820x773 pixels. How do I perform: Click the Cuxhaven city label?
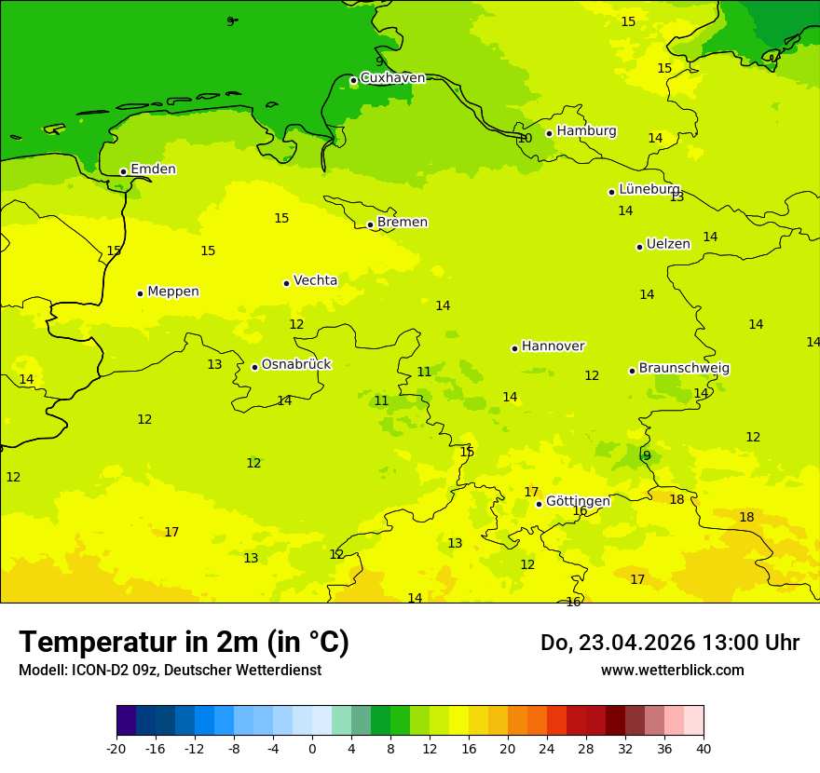[x=392, y=78]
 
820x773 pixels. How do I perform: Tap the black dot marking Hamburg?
[x=550, y=133]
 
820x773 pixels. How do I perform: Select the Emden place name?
[x=153, y=170]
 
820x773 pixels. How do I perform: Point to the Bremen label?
[x=402, y=223]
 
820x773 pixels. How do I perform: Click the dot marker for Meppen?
[x=140, y=293]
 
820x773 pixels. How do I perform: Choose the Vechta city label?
[x=315, y=280]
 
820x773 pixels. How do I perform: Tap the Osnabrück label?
[x=295, y=365]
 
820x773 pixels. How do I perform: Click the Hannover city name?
[x=553, y=346]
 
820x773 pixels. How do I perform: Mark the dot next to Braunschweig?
[x=632, y=371]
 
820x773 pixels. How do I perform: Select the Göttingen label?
[x=578, y=501]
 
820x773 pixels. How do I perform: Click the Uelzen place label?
[x=668, y=244]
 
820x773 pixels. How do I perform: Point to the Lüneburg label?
[x=649, y=189]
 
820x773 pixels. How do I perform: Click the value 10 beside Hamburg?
[x=525, y=139]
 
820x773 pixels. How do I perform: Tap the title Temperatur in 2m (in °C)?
[x=184, y=643]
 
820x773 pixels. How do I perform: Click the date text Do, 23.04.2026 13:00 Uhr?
[x=669, y=643]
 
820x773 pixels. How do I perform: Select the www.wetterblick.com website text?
[x=672, y=671]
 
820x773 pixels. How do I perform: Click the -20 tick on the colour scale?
[x=116, y=749]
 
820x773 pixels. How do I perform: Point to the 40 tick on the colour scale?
[x=704, y=749]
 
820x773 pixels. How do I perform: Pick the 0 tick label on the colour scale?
[x=312, y=749]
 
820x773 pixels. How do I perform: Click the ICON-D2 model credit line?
[x=170, y=671]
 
